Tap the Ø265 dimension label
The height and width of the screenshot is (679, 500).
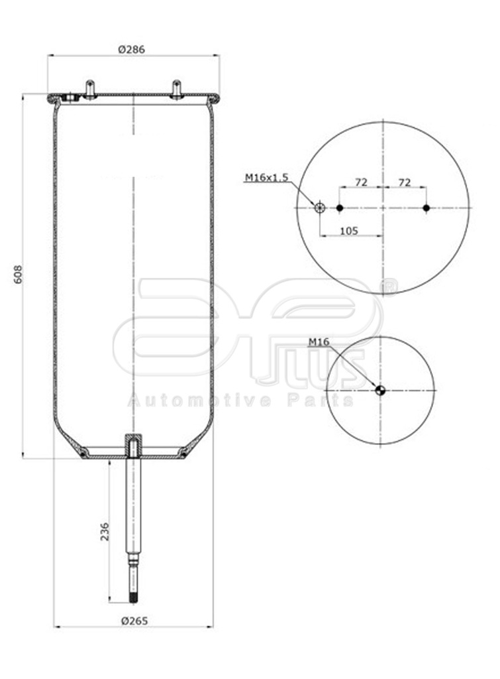click(134, 621)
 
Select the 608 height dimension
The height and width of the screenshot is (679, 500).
click(19, 275)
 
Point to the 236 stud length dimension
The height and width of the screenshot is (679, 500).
click(104, 530)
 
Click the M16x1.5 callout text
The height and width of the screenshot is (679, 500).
click(266, 177)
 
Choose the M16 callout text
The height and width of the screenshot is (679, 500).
click(320, 342)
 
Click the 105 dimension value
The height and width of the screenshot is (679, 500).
click(348, 230)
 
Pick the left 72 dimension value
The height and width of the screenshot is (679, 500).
click(361, 181)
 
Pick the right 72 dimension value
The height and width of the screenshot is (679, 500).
click(405, 181)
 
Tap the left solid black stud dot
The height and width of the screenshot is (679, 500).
click(339, 208)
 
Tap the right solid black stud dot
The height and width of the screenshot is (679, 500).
click(427, 208)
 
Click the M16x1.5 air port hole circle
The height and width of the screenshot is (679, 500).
click(319, 208)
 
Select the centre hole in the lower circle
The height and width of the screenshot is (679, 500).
click(379, 391)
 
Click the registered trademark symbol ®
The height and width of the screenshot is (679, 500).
click(390, 288)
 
